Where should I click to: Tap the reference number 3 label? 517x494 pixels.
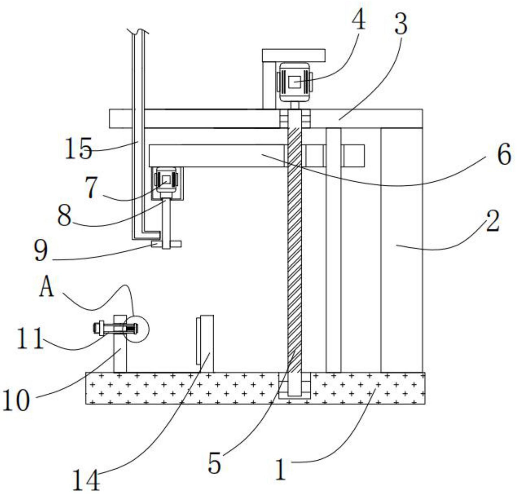click(x=401, y=25)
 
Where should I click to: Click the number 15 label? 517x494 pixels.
click(x=79, y=148)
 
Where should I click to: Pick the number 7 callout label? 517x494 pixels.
click(x=91, y=187)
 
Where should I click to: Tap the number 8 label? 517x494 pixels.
click(x=64, y=216)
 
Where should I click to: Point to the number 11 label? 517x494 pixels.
click(x=30, y=338)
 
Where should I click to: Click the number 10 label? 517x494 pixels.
click(x=16, y=400)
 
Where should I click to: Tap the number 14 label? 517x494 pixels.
click(x=86, y=480)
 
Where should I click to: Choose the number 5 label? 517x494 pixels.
click(x=215, y=463)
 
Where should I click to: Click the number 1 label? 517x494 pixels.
click(x=281, y=469)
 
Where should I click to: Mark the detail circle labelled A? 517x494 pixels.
click(x=136, y=329)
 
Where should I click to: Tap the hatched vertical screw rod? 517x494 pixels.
click(x=294, y=254)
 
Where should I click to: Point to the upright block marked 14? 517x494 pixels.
click(x=205, y=343)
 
